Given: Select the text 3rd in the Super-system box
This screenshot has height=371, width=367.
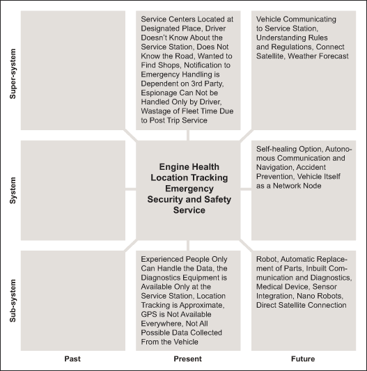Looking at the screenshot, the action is click(x=197, y=84).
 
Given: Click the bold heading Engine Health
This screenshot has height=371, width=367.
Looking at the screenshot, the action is click(x=189, y=167).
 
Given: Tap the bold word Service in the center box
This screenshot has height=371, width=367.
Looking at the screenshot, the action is click(x=189, y=210).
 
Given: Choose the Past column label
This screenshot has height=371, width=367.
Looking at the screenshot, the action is click(x=72, y=358).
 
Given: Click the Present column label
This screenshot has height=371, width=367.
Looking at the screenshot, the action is click(x=188, y=358).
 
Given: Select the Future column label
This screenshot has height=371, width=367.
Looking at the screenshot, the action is click(x=303, y=358).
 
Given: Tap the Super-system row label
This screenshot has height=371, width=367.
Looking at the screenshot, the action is click(x=13, y=74).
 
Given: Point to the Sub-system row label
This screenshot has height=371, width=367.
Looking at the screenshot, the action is click(x=13, y=301).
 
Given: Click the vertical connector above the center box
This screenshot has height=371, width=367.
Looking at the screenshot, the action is click(x=188, y=135).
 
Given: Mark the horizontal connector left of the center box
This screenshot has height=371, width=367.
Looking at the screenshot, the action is click(x=130, y=189).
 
